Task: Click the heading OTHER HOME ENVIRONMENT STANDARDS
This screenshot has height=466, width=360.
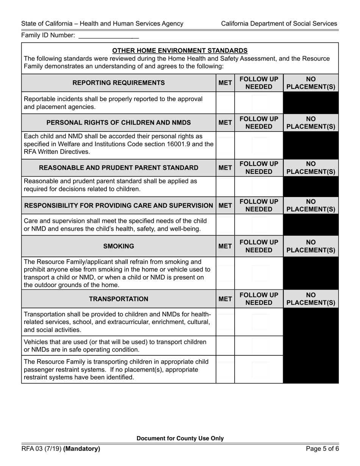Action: pyautogui.click(x=180, y=50)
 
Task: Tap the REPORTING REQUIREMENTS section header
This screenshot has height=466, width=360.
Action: pyautogui.click(x=118, y=83)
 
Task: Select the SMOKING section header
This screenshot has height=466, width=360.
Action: pyautogui.click(x=118, y=246)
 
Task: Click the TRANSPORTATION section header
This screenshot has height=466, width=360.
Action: pyautogui.click(x=118, y=299)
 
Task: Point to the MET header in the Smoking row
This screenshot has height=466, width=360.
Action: pyautogui.click(x=225, y=246)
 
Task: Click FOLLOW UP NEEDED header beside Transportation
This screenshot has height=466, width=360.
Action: pyautogui.click(x=259, y=299)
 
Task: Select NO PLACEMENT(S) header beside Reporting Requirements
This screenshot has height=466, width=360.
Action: pyautogui.click(x=311, y=83)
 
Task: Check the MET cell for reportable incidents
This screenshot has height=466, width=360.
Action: pyautogui.click(x=225, y=103)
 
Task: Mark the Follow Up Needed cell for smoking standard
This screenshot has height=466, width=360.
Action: pyautogui.click(x=259, y=273)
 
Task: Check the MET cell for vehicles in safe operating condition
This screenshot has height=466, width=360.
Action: pyautogui.click(x=225, y=346)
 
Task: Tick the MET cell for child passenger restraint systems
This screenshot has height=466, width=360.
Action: pyautogui.click(x=225, y=369)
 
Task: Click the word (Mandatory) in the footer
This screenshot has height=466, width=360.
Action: pyautogui.click(x=82, y=449)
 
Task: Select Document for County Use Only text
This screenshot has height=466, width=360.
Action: pyautogui.click(x=180, y=438)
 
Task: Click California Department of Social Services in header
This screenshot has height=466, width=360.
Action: pyautogui.click(x=279, y=23)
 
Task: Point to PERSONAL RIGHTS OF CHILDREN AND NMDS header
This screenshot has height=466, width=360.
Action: pyautogui.click(x=118, y=122)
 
